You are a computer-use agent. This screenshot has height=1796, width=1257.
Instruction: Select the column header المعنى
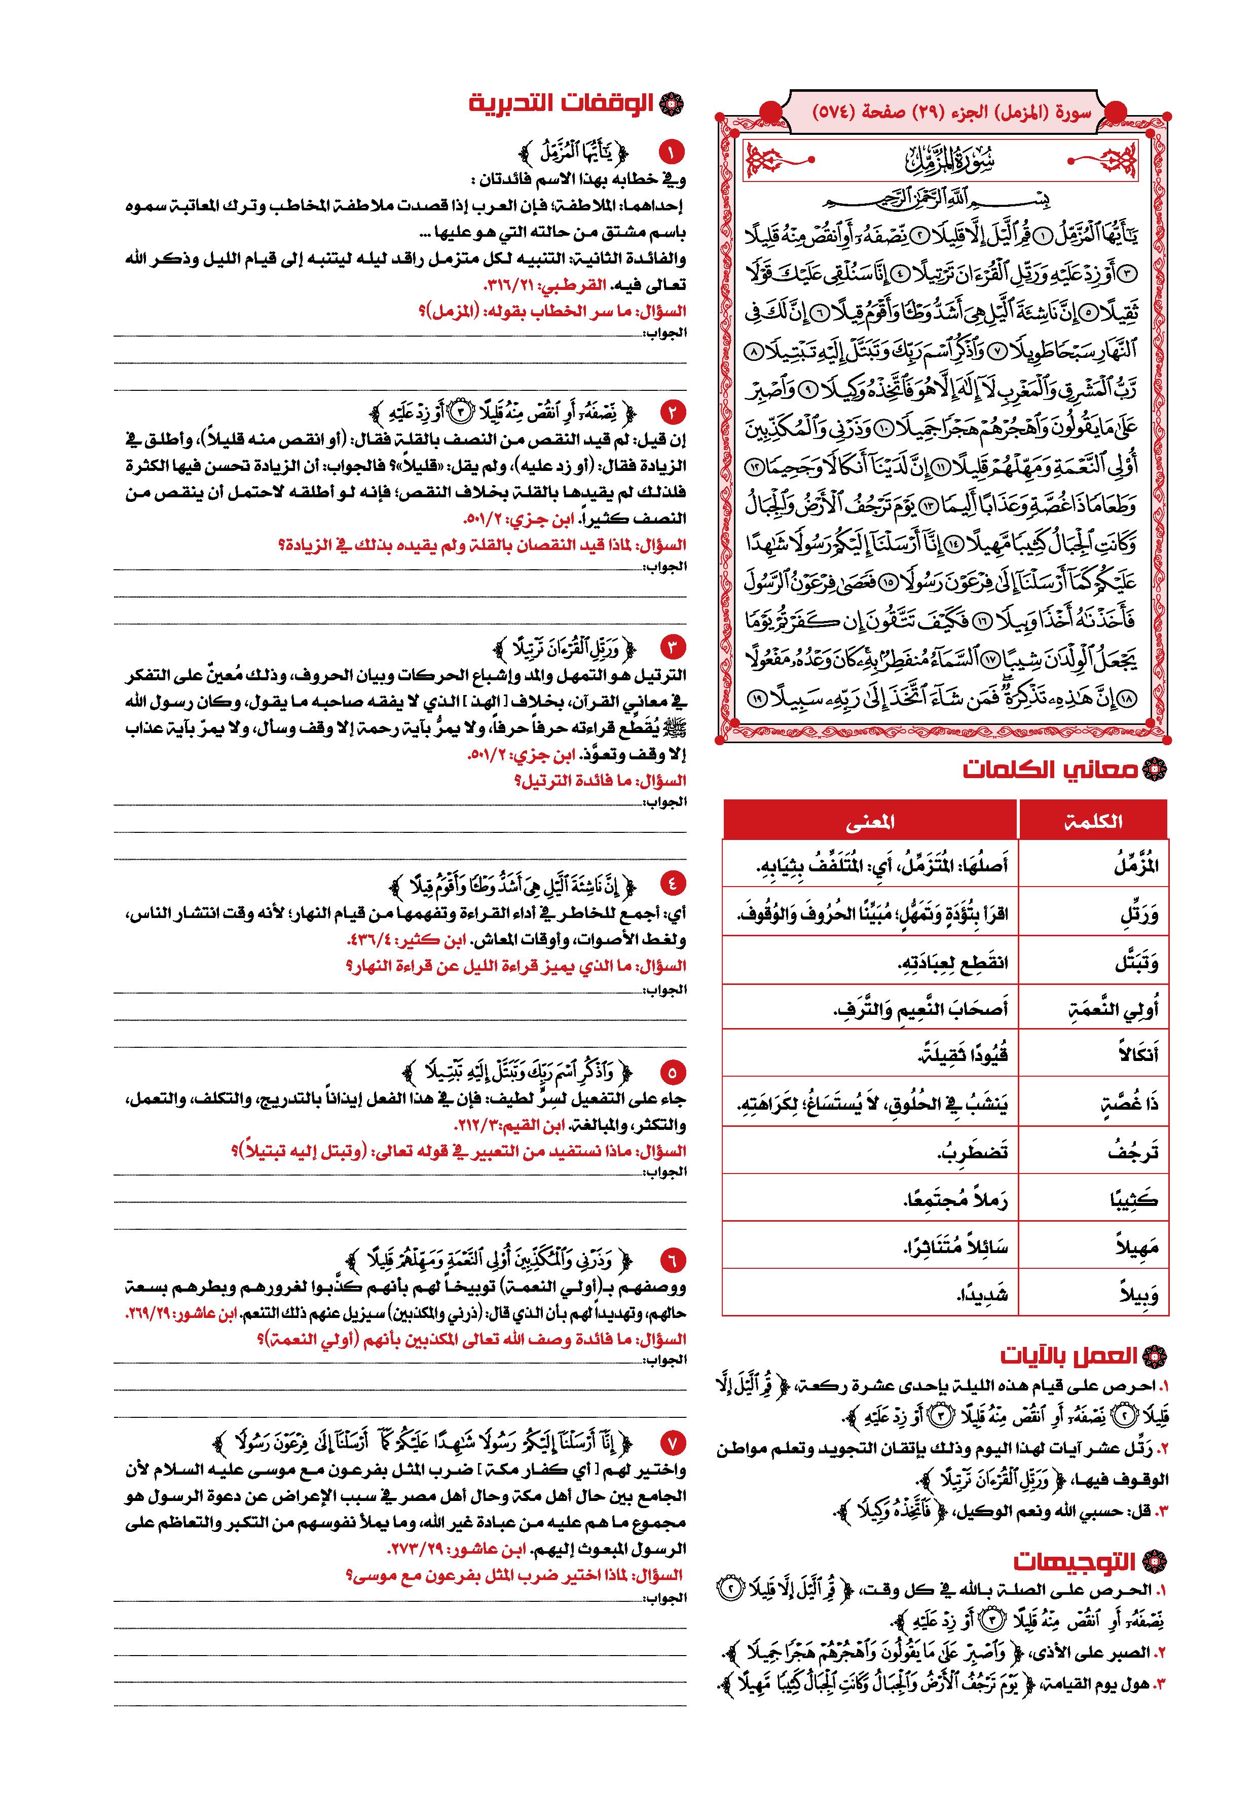tap(870, 821)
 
